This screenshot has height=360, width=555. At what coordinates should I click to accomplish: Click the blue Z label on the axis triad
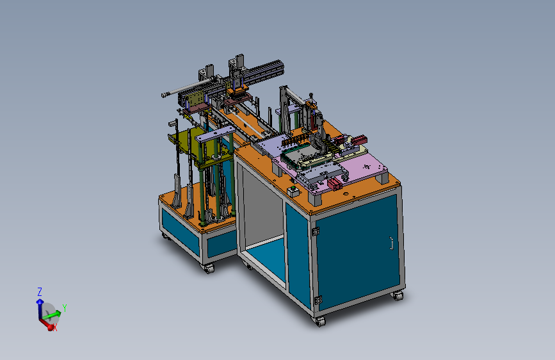(40, 292)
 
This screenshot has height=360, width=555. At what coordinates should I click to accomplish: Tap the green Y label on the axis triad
(65, 308)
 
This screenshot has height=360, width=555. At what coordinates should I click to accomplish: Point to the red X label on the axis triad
(54, 328)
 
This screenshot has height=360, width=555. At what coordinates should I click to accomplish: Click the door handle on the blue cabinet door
(391, 243)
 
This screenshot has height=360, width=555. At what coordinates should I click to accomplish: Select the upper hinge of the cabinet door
(316, 231)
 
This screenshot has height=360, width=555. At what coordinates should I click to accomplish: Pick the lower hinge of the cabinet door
(318, 300)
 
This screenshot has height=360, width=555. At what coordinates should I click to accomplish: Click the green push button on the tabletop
(293, 188)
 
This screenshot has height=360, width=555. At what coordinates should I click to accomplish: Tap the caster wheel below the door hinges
(319, 322)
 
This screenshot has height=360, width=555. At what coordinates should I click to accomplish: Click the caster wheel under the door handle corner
(398, 295)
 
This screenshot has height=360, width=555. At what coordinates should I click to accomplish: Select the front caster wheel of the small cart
(209, 268)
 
